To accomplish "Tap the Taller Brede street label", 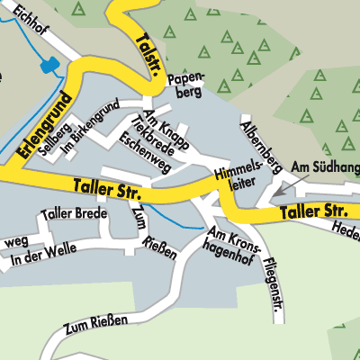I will [73, 214].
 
